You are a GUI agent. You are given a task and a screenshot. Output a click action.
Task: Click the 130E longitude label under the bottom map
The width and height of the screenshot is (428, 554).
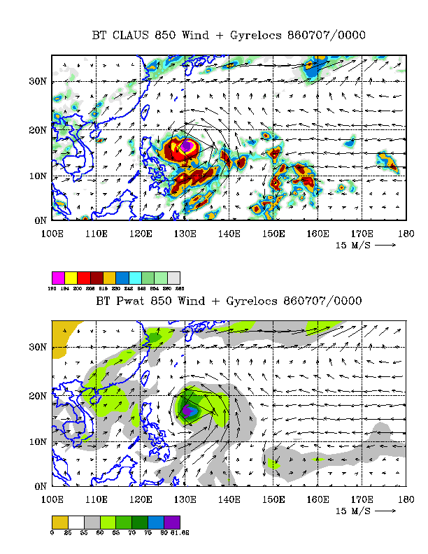click(x=185, y=499)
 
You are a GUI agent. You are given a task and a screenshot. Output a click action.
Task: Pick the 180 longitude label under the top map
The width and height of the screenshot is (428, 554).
click(x=405, y=233)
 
